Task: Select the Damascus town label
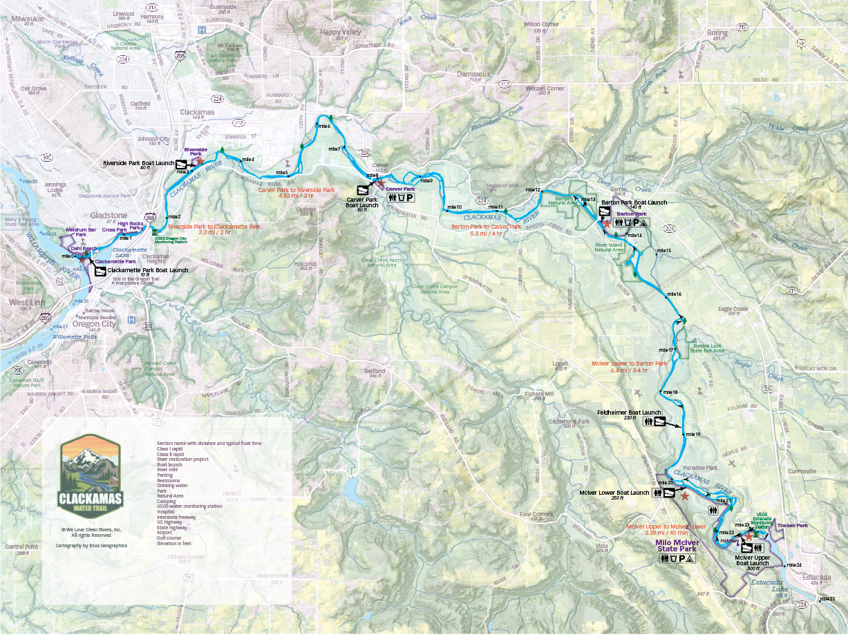(474, 73)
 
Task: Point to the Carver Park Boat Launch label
(362, 202)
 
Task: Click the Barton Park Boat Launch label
(634, 202)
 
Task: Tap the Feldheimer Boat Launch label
(615, 413)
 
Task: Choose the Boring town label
(717, 32)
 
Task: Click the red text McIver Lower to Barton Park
(629, 363)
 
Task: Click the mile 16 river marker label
(673, 294)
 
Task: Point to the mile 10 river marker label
(453, 207)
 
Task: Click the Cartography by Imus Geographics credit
(91, 545)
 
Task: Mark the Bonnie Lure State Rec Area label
(708, 348)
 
